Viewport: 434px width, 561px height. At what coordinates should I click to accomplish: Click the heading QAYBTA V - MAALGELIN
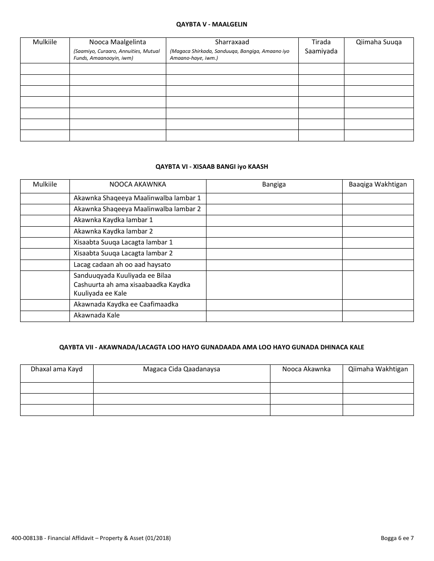pyautogui.click(x=212, y=24)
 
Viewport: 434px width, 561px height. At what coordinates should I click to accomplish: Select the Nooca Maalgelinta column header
pyautogui.click(x=117, y=42)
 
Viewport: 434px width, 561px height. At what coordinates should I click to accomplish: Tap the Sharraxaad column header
pyautogui.click(x=232, y=42)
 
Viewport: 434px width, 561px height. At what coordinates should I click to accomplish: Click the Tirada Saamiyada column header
pyautogui.click(x=321, y=47)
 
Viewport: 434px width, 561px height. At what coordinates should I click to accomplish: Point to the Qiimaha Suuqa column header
pyautogui.click(x=379, y=42)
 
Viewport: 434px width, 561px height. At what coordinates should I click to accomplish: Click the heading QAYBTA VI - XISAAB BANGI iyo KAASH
pyautogui.click(x=212, y=167)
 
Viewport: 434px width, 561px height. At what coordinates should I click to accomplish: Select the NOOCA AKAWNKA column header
pyautogui.click(x=138, y=184)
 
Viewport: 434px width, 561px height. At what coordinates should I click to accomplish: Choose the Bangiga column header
pyautogui.click(x=274, y=184)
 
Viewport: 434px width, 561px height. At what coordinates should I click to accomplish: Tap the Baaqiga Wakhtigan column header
pyautogui.click(x=378, y=184)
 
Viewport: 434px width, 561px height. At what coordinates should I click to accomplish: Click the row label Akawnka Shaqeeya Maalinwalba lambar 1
pyautogui.click(x=137, y=198)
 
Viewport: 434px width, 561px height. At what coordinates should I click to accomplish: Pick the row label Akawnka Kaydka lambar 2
pyautogui.click(x=113, y=231)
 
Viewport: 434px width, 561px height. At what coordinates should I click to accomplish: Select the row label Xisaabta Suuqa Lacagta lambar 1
pyautogui.click(x=123, y=242)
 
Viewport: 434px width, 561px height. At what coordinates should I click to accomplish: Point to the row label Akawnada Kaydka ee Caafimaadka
pyautogui.click(x=126, y=304)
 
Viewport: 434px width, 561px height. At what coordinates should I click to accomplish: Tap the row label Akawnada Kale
pyautogui.click(x=97, y=315)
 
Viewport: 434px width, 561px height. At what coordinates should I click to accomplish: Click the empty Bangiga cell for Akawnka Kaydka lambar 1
pyautogui.click(x=274, y=220)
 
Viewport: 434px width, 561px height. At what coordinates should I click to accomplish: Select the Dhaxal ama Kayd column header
pyautogui.click(x=57, y=369)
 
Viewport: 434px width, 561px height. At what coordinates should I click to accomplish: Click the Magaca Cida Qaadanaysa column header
pyautogui.click(x=181, y=369)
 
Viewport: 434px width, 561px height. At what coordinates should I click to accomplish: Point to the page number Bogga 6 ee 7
pyautogui.click(x=397, y=538)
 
